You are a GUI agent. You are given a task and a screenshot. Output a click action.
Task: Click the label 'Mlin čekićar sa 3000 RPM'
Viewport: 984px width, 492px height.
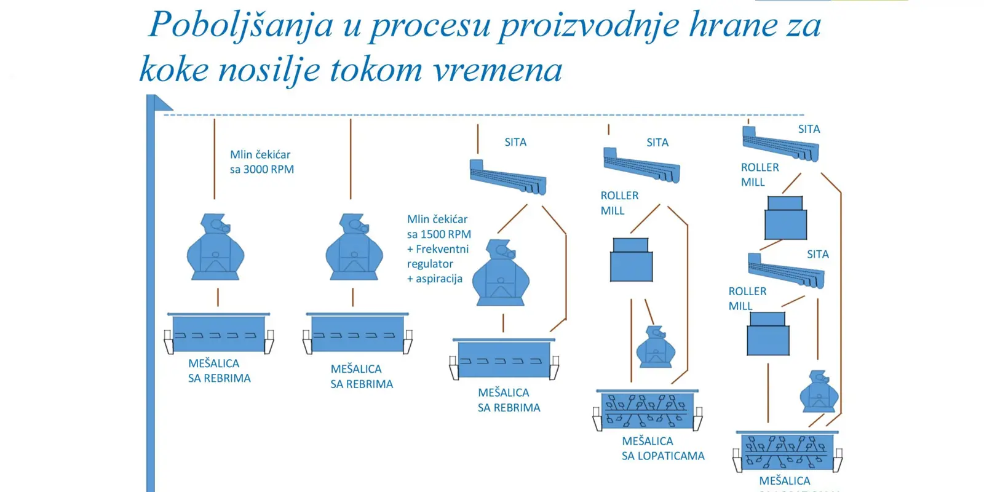(261, 162)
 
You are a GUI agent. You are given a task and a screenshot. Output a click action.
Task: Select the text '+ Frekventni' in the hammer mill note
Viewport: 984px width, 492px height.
(438, 249)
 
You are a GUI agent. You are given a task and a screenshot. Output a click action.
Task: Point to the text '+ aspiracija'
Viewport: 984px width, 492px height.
(435, 279)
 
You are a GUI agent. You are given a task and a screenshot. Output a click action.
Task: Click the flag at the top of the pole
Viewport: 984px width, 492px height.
(162, 103)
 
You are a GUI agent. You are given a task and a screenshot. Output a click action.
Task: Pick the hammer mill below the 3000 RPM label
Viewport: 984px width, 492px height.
(215, 247)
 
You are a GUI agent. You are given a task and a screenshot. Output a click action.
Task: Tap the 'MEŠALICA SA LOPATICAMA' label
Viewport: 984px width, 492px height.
(662, 448)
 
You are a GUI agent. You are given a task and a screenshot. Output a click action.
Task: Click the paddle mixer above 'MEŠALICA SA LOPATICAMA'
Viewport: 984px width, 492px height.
(647, 410)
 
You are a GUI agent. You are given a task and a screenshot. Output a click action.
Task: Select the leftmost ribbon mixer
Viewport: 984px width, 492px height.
(218, 333)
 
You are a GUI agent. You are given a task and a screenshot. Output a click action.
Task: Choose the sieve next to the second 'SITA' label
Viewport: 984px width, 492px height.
(642, 165)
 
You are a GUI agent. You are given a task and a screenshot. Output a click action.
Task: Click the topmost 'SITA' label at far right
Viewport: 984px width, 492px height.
(809, 129)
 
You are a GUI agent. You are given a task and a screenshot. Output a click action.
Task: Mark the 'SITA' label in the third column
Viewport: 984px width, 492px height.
(515, 142)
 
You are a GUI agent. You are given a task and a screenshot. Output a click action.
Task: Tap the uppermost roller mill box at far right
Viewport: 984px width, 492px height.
(785, 218)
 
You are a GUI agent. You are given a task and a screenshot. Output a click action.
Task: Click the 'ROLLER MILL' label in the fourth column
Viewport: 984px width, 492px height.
(619, 203)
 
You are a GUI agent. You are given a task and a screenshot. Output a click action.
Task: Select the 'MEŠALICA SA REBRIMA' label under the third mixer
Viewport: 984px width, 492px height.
(509, 400)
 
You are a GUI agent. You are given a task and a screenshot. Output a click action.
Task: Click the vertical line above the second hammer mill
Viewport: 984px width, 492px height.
(351, 159)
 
